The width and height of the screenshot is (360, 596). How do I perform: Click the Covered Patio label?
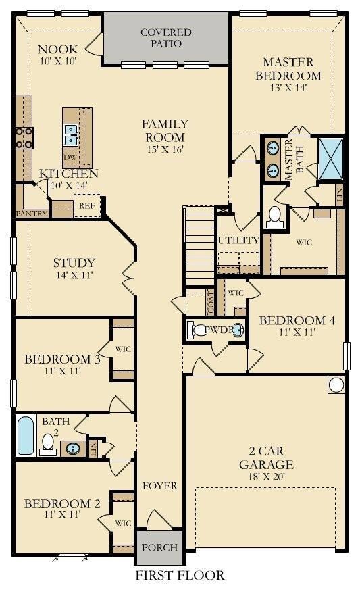[166, 38]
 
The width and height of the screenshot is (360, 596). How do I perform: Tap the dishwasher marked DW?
[70, 157]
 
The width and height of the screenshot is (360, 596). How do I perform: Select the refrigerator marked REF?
[87, 205]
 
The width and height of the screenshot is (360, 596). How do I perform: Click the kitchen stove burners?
[25, 138]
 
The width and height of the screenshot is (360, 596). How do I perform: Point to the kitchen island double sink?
[71, 135]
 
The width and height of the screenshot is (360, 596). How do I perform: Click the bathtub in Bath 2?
[26, 436]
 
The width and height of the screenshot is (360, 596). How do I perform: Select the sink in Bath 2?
[74, 449]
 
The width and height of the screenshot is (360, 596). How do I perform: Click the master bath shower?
[331, 159]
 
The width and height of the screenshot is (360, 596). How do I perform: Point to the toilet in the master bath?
[274, 218]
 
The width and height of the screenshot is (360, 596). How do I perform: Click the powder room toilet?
[198, 330]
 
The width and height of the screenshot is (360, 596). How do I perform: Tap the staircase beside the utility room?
[200, 245]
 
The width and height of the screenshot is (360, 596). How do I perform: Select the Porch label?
[159, 547]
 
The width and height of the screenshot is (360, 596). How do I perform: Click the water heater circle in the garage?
[336, 385]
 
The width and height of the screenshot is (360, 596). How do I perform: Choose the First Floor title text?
[180, 575]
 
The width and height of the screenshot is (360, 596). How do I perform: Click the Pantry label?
[32, 214]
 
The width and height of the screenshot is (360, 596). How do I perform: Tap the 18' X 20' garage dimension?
[266, 476]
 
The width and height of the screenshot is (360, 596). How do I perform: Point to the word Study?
[74, 263]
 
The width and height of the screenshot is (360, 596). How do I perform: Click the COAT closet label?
[210, 302]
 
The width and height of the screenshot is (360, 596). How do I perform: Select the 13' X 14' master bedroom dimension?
[288, 87]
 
